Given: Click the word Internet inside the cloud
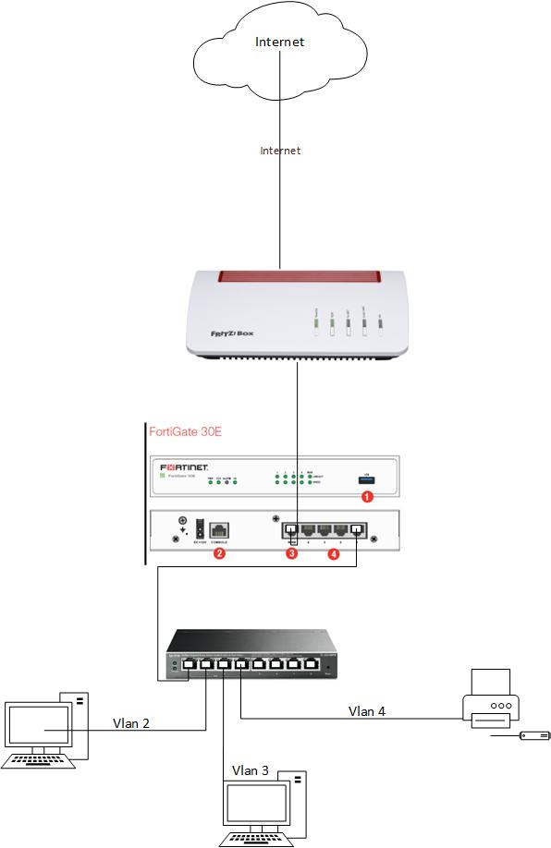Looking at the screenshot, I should (279, 42).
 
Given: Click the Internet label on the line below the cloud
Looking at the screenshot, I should (280, 151).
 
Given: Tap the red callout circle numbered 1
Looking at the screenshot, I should (366, 496).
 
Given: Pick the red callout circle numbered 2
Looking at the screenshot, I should (219, 553).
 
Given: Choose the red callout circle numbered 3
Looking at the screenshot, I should (291, 553).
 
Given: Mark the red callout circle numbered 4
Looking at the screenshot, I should (334, 553).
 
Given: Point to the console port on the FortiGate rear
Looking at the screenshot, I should (219, 530).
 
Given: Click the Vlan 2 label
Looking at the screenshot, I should (131, 722).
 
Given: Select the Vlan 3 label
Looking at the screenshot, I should (251, 769).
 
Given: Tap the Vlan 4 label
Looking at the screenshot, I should (367, 710).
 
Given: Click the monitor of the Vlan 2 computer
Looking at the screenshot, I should (38, 726).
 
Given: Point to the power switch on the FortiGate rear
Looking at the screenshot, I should (198, 529).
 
